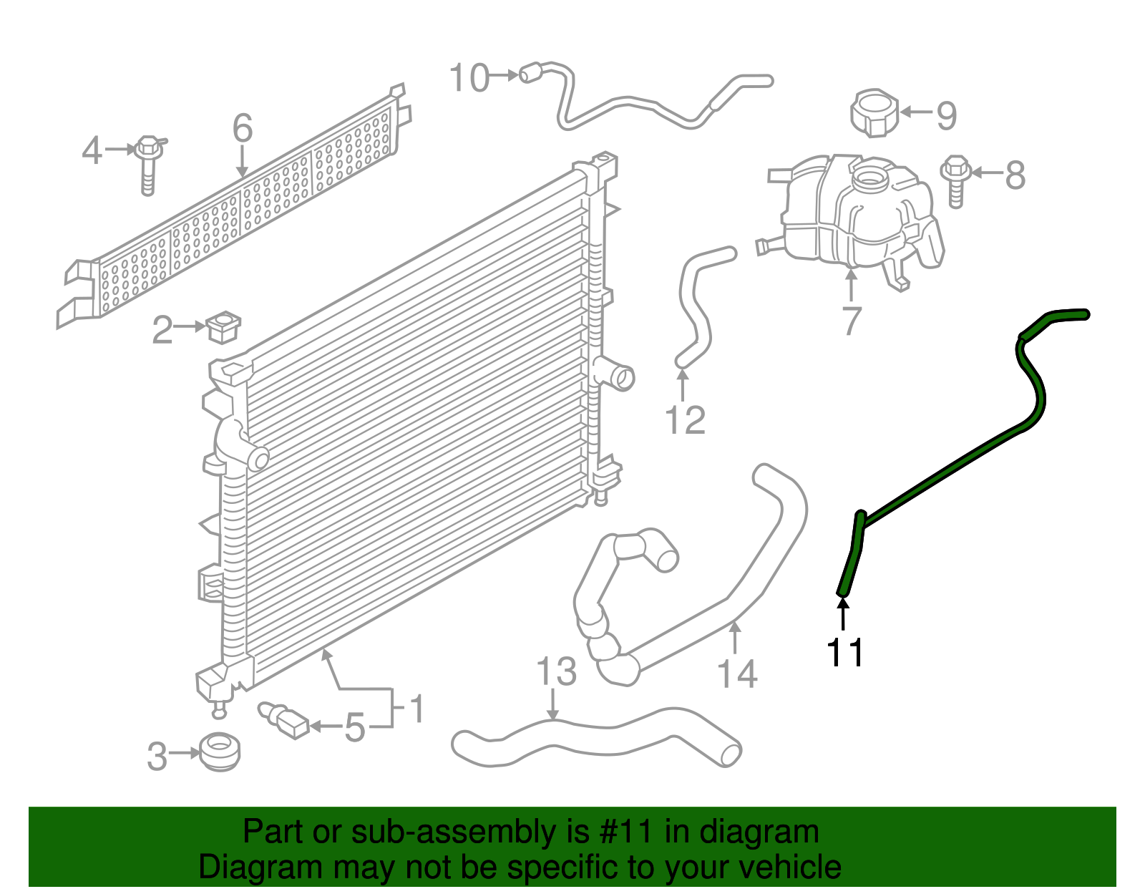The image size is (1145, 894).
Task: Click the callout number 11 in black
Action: pyautogui.click(x=845, y=652)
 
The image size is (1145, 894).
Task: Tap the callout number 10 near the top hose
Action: pyautogui.click(x=469, y=77)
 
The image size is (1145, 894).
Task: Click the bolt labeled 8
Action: pyautogui.click(x=955, y=179)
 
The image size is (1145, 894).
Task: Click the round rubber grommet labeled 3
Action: pyautogui.click(x=220, y=752)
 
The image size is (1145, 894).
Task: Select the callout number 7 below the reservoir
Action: pyautogui.click(x=851, y=320)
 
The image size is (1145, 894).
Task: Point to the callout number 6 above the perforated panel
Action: pyautogui.click(x=243, y=128)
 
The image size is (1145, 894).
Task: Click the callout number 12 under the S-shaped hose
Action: pyautogui.click(x=685, y=419)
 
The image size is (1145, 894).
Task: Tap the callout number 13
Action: pyautogui.click(x=556, y=671)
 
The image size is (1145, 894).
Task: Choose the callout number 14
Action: pyautogui.click(x=736, y=674)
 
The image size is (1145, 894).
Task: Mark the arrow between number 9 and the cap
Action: pyautogui.click(x=915, y=112)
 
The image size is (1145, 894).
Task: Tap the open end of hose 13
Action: pyautogui.click(x=730, y=754)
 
